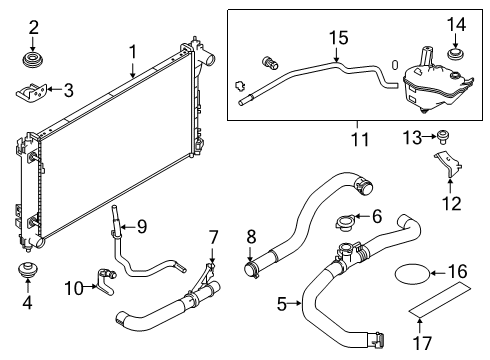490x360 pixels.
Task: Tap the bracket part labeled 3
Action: [32, 93]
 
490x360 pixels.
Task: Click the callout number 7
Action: [212, 236]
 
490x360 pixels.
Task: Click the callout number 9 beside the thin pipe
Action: [141, 226]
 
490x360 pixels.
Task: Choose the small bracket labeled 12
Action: [447, 169]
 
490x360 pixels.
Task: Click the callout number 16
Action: [456, 271]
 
